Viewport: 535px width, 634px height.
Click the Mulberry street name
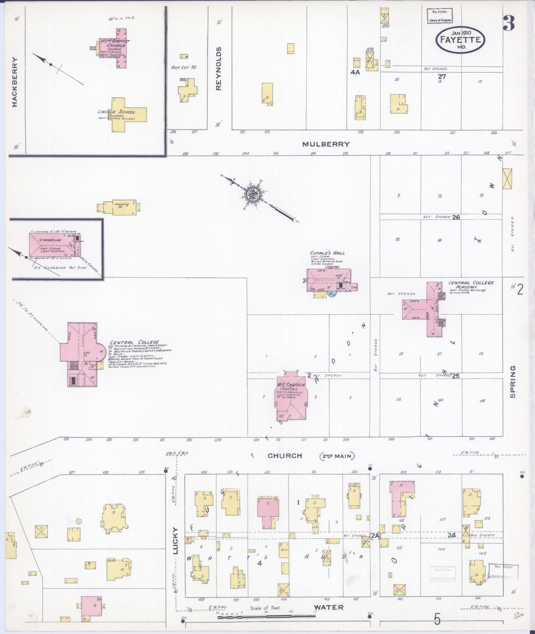coord(326,144)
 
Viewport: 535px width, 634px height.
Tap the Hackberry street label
coord(14,82)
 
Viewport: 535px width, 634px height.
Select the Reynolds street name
coord(218,69)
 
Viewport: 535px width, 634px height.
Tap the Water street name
coord(329,607)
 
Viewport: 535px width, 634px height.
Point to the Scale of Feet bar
coord(265,617)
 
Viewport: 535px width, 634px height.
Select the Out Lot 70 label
coord(183,67)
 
